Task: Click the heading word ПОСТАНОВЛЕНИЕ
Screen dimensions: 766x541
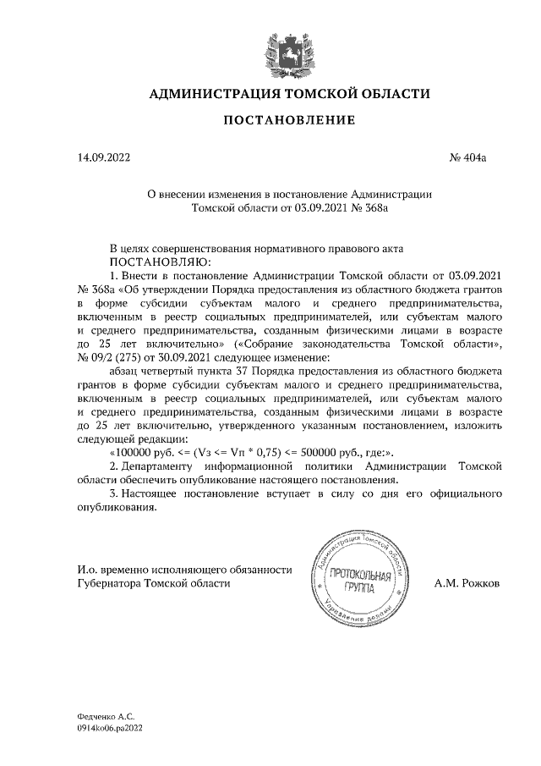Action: coord(288,121)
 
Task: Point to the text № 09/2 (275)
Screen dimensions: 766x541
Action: coord(113,357)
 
